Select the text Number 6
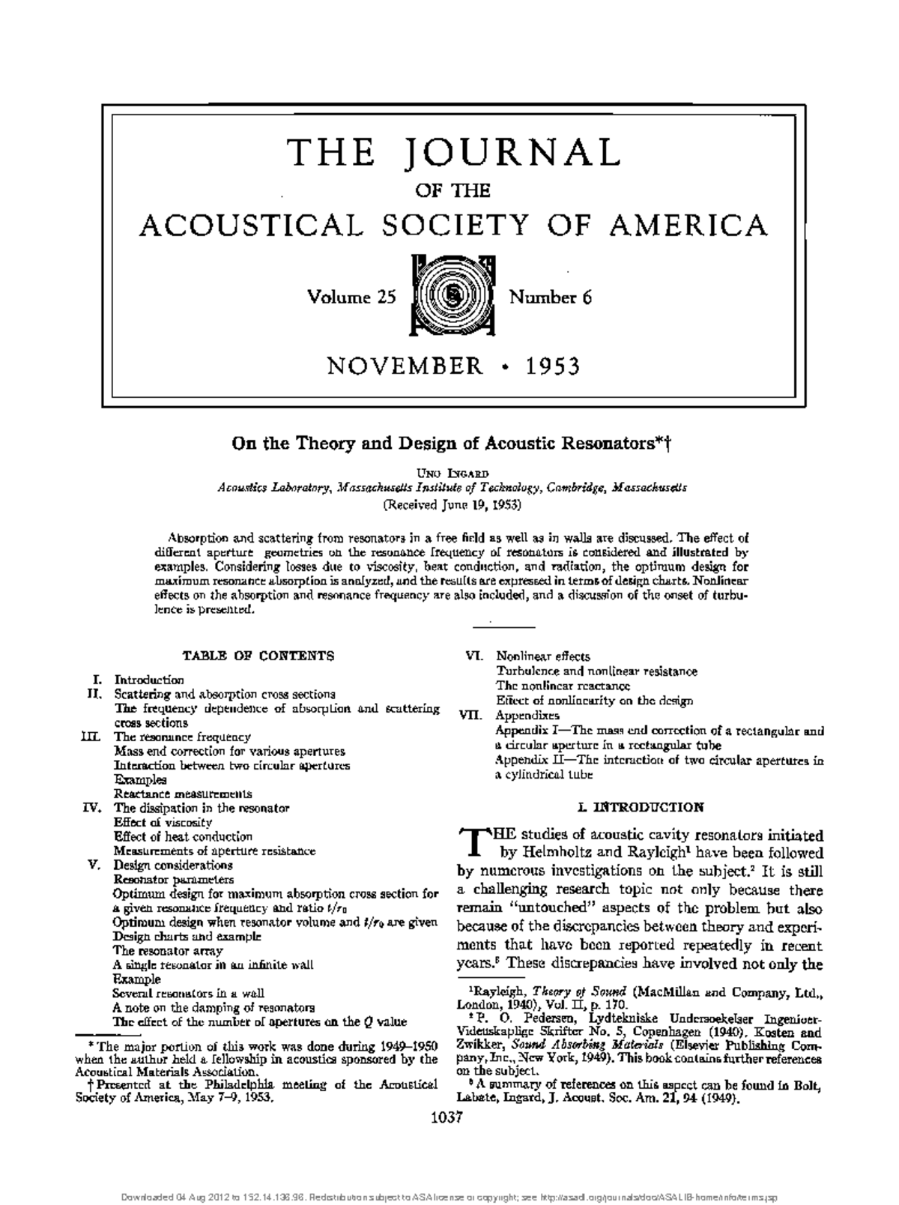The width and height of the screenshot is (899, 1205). click(x=551, y=298)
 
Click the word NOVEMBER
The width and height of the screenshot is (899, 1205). click(x=405, y=366)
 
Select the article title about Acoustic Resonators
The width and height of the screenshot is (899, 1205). click(x=449, y=443)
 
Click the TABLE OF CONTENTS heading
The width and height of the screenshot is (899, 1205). click(x=258, y=656)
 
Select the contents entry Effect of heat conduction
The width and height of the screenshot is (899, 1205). click(x=183, y=836)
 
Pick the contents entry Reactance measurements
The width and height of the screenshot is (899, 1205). click(x=182, y=794)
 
